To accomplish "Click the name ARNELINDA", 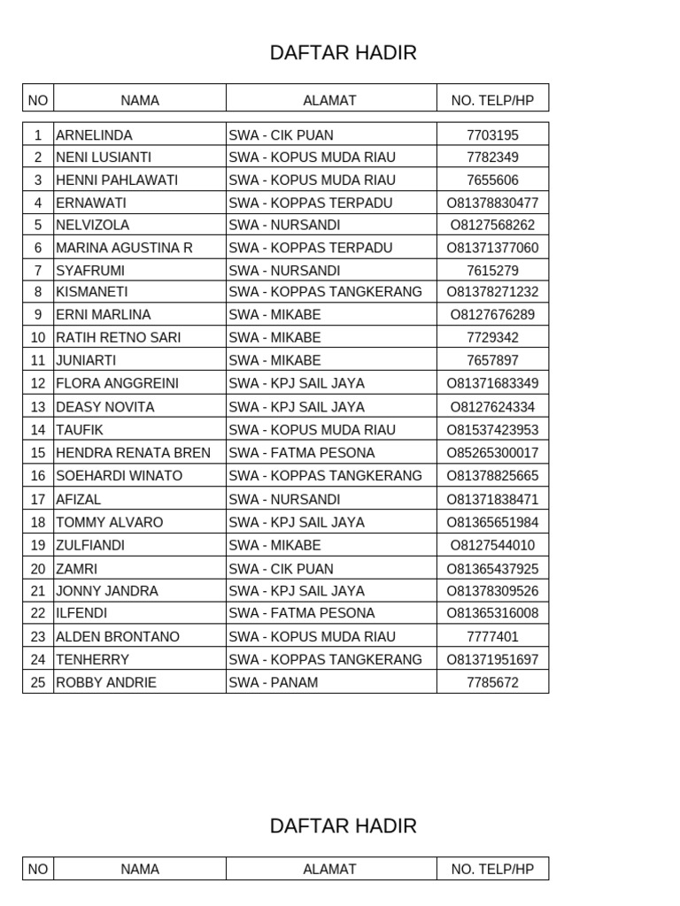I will click(x=94, y=135).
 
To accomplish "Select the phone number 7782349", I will click(x=492, y=157).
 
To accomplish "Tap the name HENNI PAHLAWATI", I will click(x=117, y=180).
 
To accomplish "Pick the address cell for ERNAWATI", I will click(x=310, y=203).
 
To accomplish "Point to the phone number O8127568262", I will click(x=492, y=226).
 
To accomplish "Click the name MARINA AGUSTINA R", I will click(x=124, y=248).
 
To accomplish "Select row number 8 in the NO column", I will click(x=38, y=292).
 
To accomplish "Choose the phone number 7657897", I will click(x=492, y=361).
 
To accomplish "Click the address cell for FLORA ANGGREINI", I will click(x=297, y=384).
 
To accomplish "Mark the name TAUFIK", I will click(x=80, y=430).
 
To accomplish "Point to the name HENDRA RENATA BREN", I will click(x=133, y=453).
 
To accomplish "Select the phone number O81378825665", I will click(x=492, y=476).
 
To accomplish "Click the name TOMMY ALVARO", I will click(x=110, y=523).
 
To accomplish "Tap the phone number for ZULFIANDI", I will click(x=492, y=546).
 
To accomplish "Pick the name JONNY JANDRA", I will click(x=107, y=591).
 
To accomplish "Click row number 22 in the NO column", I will click(x=38, y=613).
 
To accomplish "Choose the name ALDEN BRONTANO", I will click(x=118, y=637).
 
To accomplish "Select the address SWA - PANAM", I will click(x=274, y=683).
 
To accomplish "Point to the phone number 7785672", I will click(x=492, y=683).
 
